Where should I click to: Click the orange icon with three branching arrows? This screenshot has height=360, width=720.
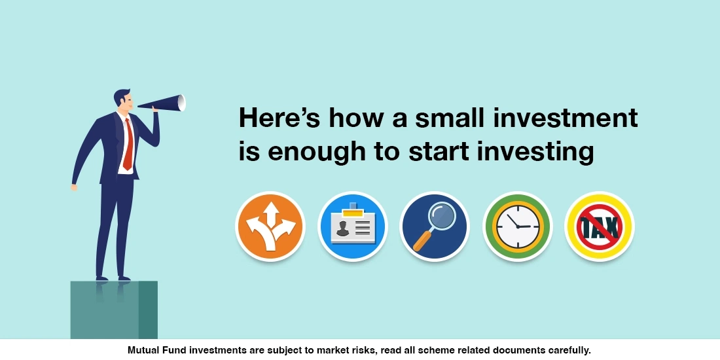(x=270, y=226)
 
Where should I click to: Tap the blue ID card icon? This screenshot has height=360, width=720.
(x=353, y=226)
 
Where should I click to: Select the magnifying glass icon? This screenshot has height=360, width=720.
(x=435, y=226)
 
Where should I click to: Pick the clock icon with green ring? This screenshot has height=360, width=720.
(x=517, y=226)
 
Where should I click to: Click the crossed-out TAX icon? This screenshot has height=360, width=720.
(x=600, y=226)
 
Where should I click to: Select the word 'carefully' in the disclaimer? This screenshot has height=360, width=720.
(x=568, y=350)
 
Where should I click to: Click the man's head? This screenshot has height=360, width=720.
(x=124, y=99)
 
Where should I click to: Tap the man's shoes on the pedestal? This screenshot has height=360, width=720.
(x=111, y=277)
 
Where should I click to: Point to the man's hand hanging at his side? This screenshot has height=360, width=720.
(x=74, y=187)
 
